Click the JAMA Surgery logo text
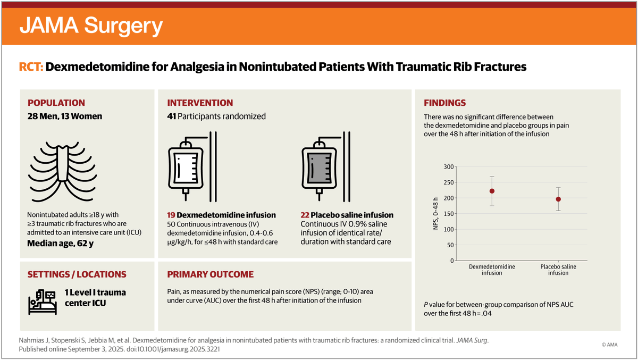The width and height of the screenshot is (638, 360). [91, 26]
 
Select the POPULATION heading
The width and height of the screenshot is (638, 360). [56, 103]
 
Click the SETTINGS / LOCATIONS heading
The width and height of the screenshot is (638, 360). [77, 274]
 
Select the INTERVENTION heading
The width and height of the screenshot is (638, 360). [200, 103]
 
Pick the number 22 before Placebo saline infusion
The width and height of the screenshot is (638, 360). [306, 215]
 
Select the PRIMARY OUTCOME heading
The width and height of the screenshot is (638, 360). [211, 274]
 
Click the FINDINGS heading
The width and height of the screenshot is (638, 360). [444, 103]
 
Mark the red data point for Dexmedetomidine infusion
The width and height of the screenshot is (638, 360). [492, 191]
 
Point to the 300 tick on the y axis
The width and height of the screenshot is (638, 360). [448, 167]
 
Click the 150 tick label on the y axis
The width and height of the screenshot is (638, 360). [448, 214]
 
